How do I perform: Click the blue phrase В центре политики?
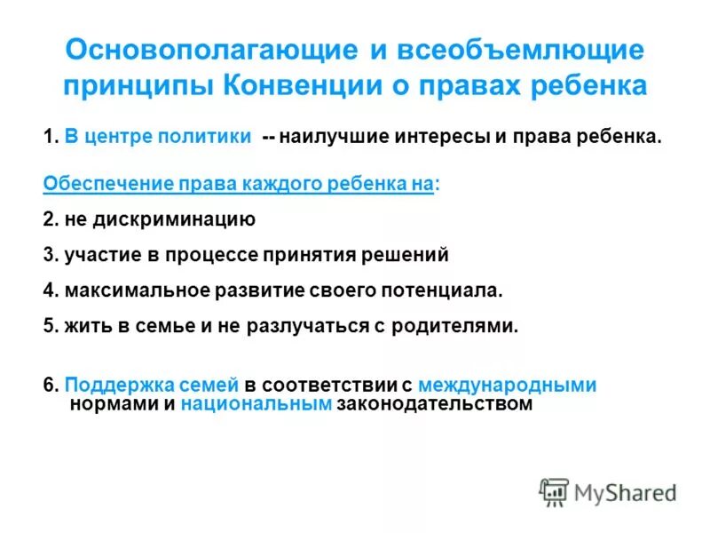[x=157, y=139]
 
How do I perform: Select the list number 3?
[x=49, y=255]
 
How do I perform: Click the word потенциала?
[x=442, y=290]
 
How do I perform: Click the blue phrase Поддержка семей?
[x=152, y=386]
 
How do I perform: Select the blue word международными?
[x=507, y=386]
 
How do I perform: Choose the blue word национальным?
[x=256, y=404]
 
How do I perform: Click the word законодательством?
[x=435, y=404]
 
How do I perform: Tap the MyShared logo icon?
[x=554, y=491]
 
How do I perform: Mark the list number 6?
[x=49, y=386]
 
